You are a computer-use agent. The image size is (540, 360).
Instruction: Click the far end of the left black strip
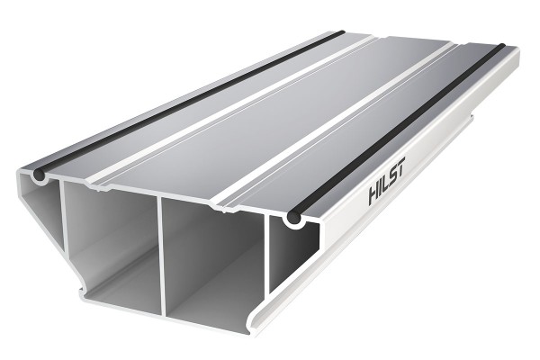pos(339,35)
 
